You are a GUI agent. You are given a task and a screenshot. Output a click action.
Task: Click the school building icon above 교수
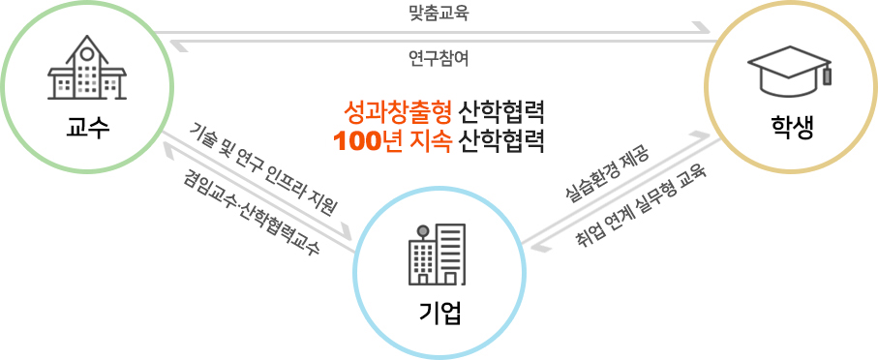click(x=87, y=69)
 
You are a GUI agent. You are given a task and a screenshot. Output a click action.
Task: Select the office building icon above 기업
click(x=438, y=255)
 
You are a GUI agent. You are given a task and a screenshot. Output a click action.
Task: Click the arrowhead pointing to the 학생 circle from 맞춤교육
click(x=705, y=32)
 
